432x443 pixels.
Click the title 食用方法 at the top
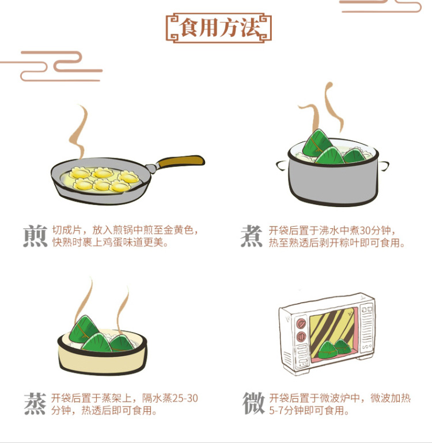point(219,28)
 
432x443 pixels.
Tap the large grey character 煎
point(35,236)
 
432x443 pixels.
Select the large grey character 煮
point(252,236)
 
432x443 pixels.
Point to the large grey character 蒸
point(35,404)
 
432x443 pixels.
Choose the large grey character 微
point(253,403)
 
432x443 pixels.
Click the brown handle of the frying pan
point(180,162)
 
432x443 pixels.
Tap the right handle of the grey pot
point(384,165)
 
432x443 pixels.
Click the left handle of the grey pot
point(282,165)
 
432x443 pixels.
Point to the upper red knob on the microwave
point(301,323)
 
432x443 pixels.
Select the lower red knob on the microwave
point(301,337)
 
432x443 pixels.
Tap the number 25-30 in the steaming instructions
point(185,398)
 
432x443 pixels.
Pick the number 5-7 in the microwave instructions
point(276,411)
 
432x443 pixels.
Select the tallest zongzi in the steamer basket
point(84,329)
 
